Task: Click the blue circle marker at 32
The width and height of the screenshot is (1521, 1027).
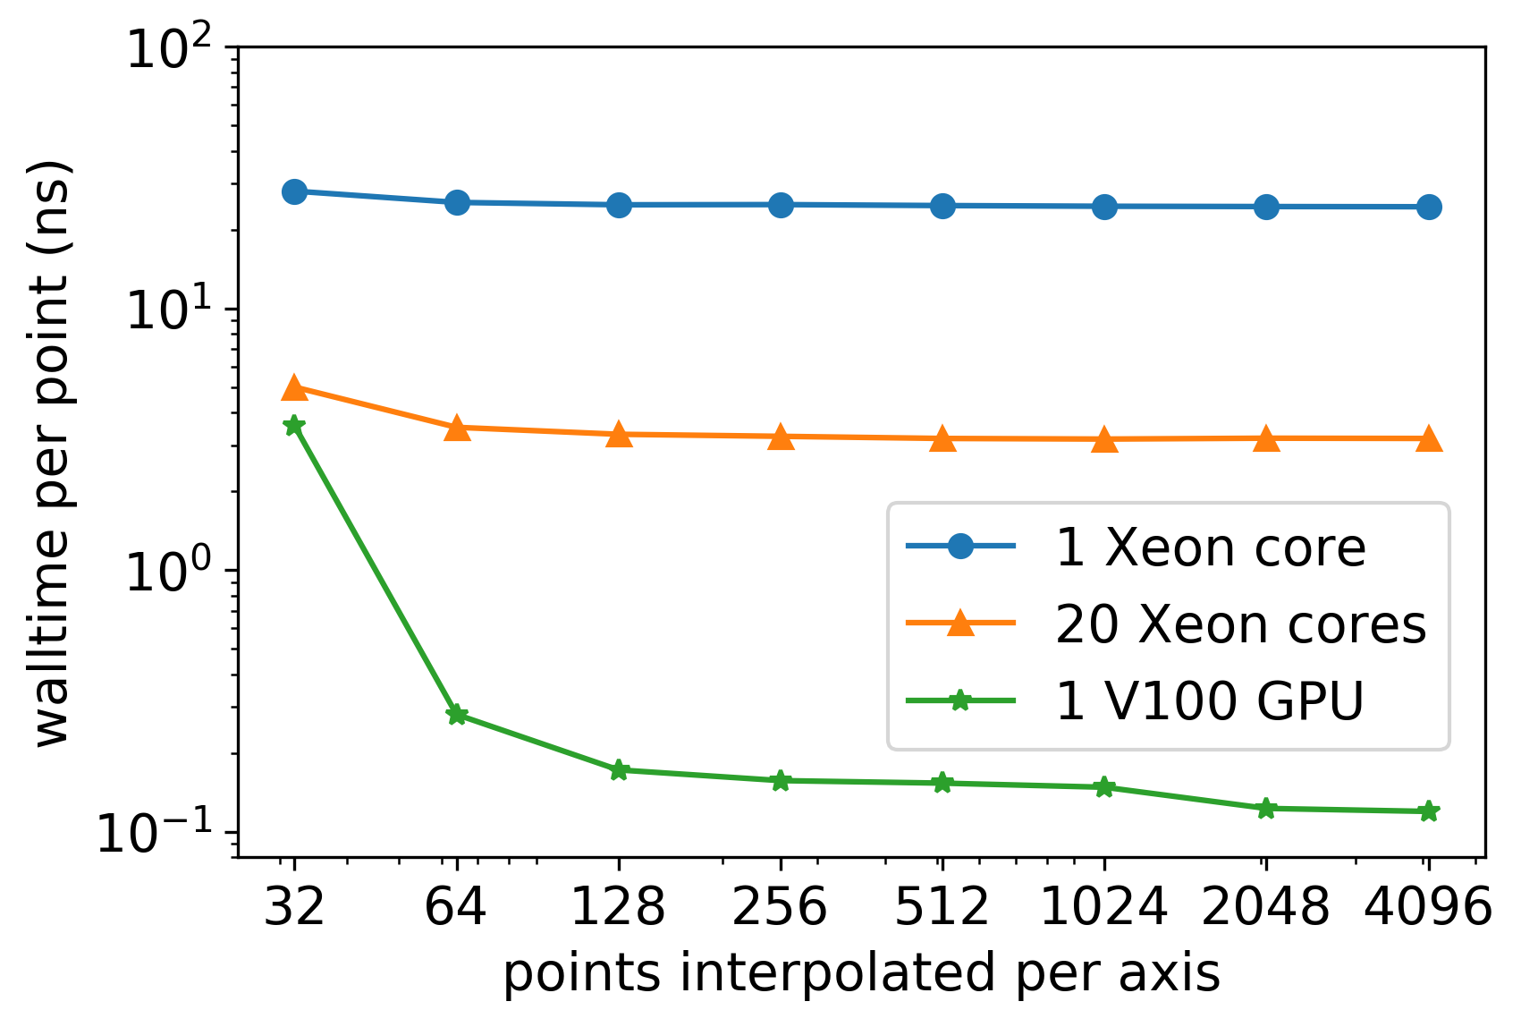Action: [x=294, y=191]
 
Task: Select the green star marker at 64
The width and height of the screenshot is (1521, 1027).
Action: [x=457, y=714]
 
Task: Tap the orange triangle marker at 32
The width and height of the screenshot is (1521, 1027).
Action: [x=294, y=388]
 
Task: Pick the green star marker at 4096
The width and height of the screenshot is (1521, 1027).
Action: [x=1429, y=811]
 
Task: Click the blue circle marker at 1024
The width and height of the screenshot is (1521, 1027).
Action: [x=1104, y=207]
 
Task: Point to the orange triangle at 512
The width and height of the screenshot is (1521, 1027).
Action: [x=942, y=439]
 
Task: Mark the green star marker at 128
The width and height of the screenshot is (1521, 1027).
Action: [x=619, y=770]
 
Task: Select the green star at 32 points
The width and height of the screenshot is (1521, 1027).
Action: [x=294, y=426]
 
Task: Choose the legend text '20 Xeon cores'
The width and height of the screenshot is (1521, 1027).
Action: [x=1240, y=624]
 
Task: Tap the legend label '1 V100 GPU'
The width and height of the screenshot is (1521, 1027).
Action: [x=1209, y=700]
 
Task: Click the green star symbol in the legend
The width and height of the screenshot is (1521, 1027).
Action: [x=960, y=700]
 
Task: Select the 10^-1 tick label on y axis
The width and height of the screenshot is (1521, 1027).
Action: [x=156, y=834]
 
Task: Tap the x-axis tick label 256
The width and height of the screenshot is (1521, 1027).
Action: [x=780, y=907]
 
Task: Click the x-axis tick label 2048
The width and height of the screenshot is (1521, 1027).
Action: [x=1265, y=907]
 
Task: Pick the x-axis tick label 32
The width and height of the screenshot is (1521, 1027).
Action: [x=294, y=907]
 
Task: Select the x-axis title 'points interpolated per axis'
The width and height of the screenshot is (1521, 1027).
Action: [x=861, y=973]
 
